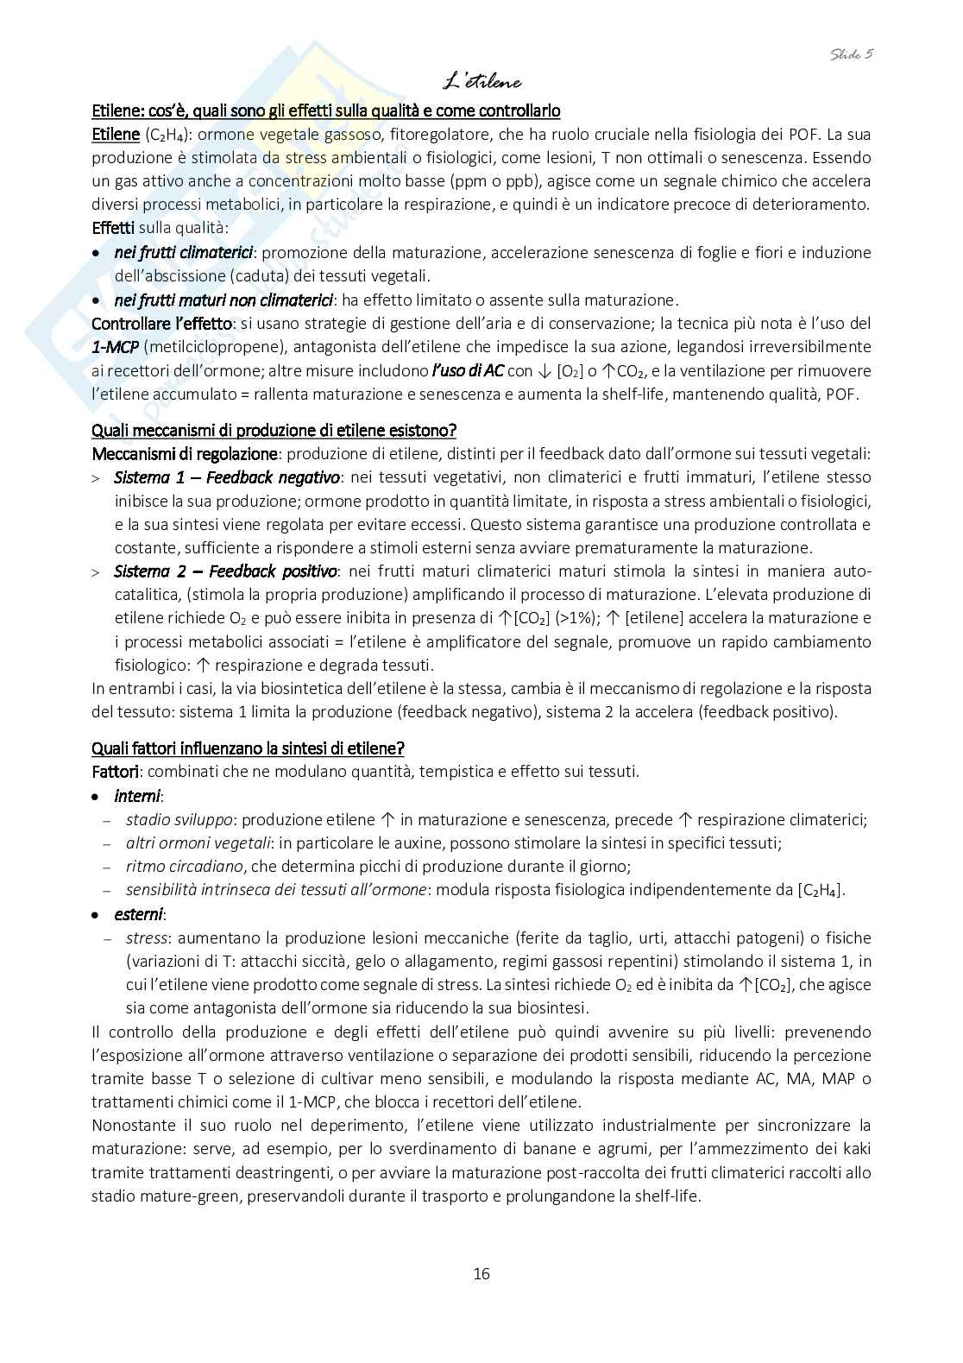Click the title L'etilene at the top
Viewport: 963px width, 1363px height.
pos(481,82)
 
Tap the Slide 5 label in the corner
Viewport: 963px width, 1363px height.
pos(852,54)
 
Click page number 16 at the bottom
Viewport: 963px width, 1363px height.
pos(481,1273)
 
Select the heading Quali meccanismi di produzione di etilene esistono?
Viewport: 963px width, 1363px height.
pos(274,430)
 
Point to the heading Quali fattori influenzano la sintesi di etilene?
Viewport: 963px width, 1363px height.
pos(248,748)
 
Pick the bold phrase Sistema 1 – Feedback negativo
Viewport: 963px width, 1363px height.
pos(227,477)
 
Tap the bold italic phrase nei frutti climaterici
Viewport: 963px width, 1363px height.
pos(183,253)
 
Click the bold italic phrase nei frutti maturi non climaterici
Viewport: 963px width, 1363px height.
pos(223,300)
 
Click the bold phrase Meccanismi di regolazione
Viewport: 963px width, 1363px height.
pos(184,453)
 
